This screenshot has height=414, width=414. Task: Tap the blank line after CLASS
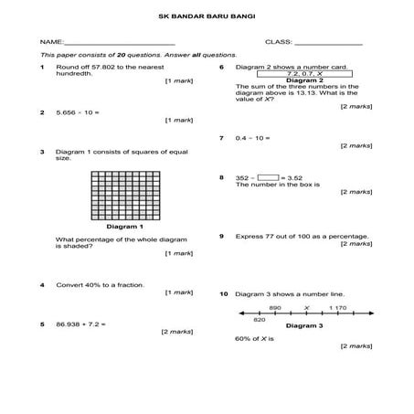[x=327, y=43]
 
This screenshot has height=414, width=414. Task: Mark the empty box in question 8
[x=268, y=177]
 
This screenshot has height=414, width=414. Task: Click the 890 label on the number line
[x=275, y=308]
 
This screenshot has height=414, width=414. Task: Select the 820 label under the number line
[x=259, y=321]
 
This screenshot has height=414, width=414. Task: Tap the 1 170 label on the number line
[x=338, y=308]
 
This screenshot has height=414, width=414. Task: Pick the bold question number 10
[x=224, y=294]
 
